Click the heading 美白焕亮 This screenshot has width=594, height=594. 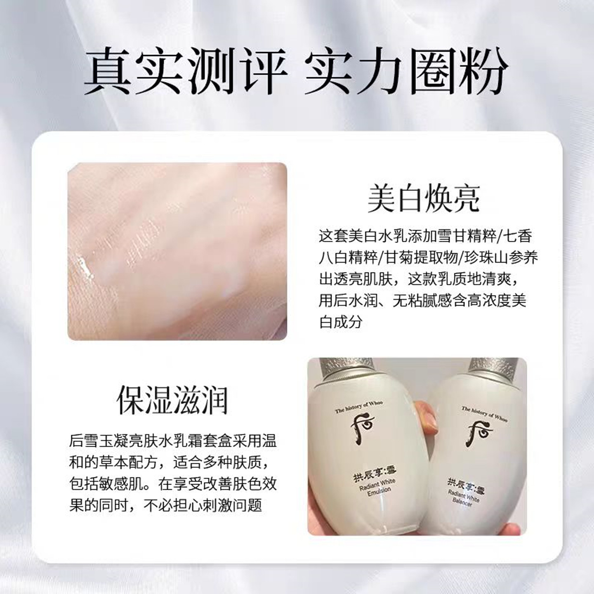(x=424, y=199)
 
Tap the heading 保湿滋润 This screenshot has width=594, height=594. (x=172, y=400)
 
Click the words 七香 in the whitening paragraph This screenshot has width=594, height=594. (x=519, y=236)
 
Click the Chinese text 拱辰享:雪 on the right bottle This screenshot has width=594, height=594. (x=466, y=485)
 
